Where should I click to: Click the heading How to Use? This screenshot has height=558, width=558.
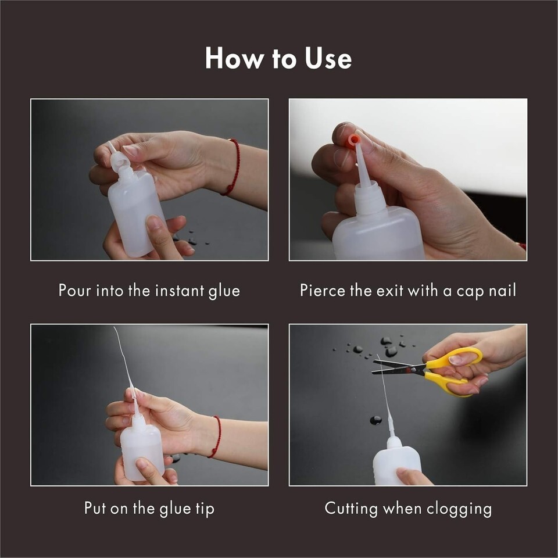coord(278,58)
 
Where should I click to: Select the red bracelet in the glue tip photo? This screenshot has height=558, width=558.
coord(216,437)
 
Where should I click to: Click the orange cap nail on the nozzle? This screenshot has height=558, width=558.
coord(352,140)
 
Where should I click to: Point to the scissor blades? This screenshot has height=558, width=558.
coord(399,367)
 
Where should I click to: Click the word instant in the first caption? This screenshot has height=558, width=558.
coord(180,291)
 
